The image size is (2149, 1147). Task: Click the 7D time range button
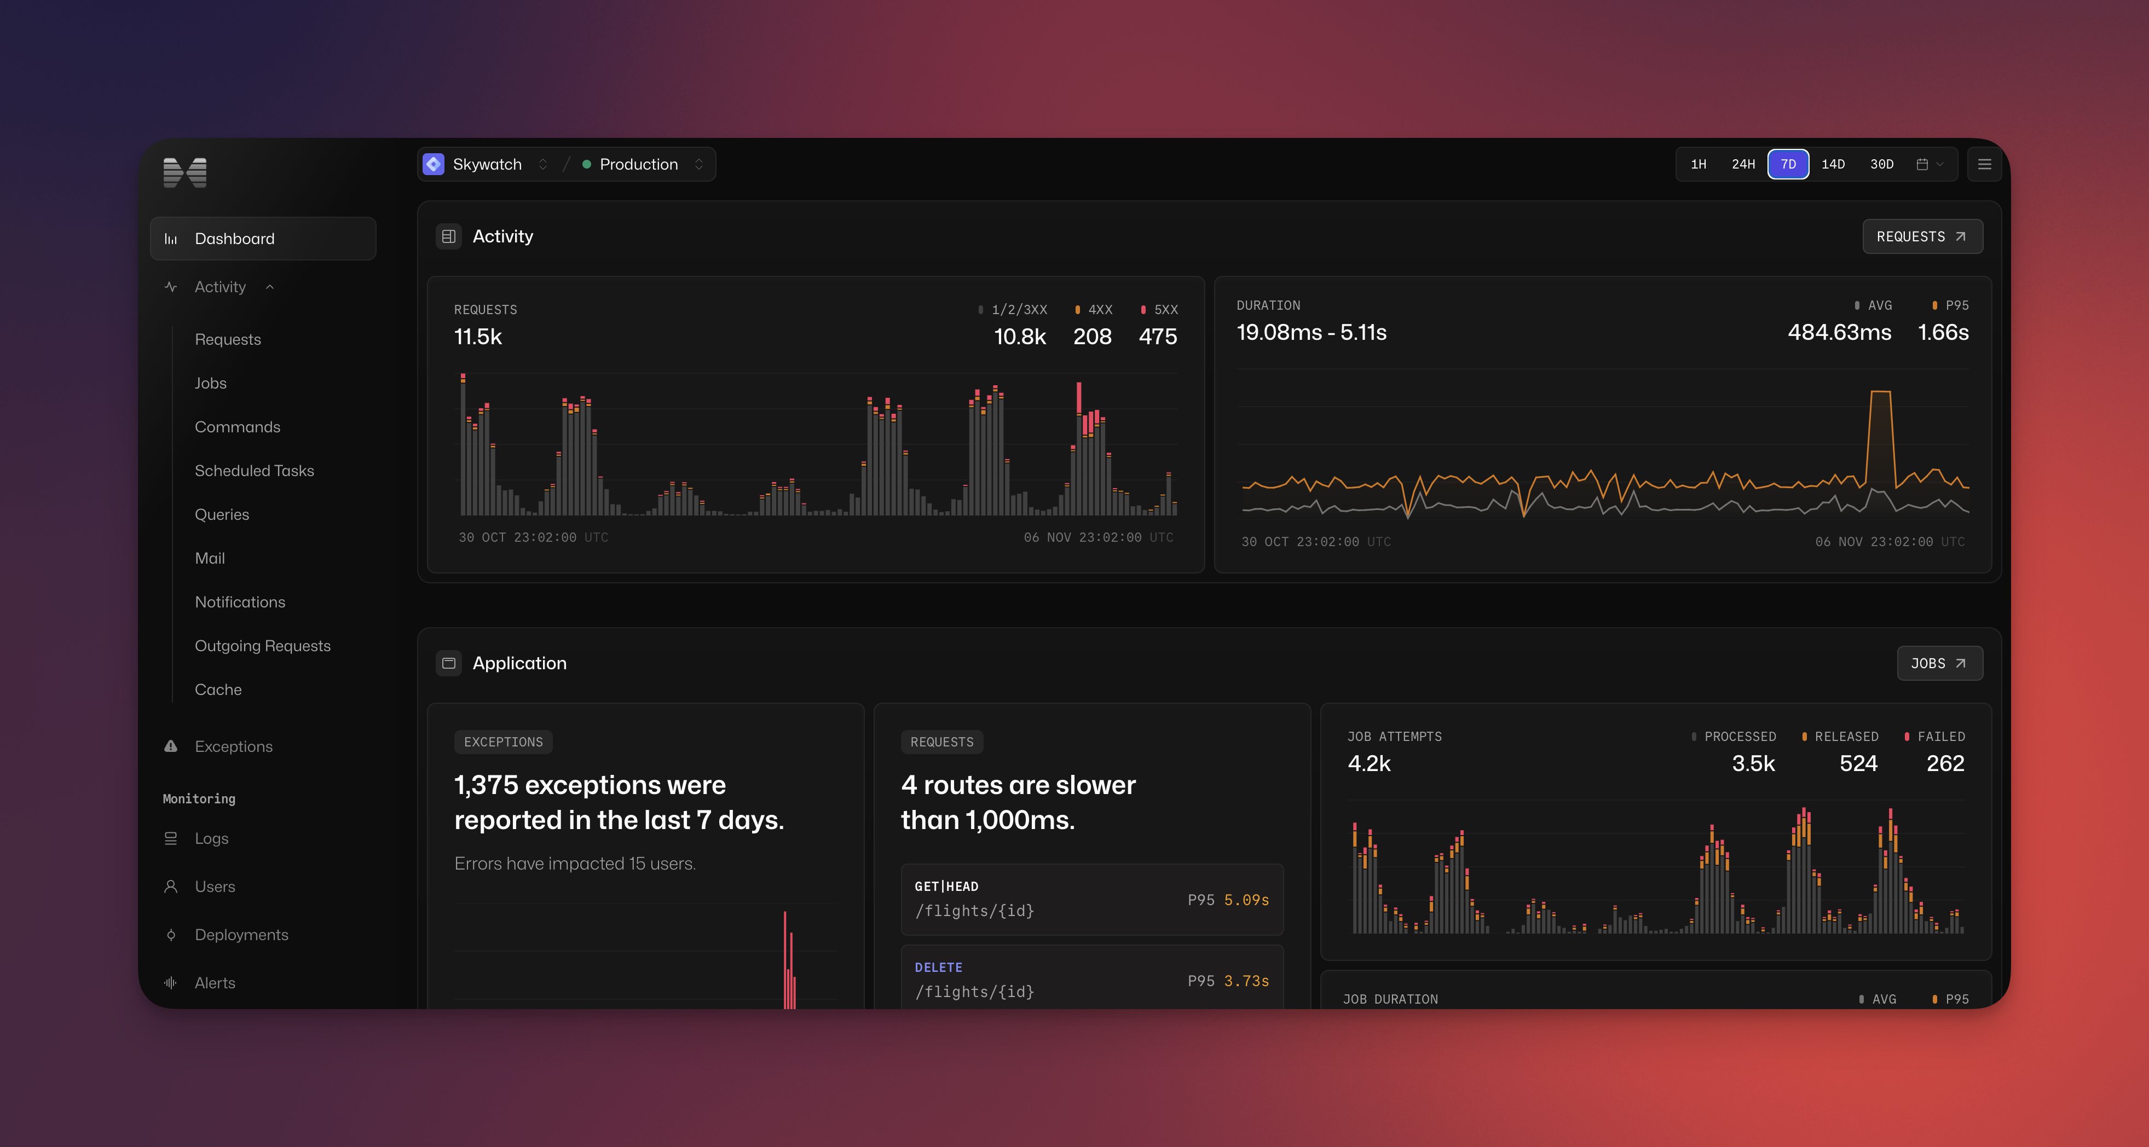click(1788, 164)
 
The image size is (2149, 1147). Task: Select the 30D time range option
click(1881, 164)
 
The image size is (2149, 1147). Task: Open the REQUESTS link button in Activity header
click(1921, 237)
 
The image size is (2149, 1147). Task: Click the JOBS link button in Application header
click(1939, 663)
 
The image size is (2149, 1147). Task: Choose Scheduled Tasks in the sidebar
click(255, 471)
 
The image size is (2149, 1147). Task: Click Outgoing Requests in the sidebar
click(263, 646)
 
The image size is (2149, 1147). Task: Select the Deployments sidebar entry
click(241, 934)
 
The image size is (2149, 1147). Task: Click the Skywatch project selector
click(487, 164)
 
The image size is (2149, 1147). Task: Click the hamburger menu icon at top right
click(1985, 164)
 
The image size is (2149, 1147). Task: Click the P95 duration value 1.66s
click(1943, 332)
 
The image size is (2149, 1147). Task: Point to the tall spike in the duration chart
click(1880, 417)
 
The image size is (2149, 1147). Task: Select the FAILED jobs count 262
click(1945, 763)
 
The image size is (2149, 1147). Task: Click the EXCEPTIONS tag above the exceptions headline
click(503, 742)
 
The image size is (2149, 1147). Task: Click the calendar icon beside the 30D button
click(1922, 164)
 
